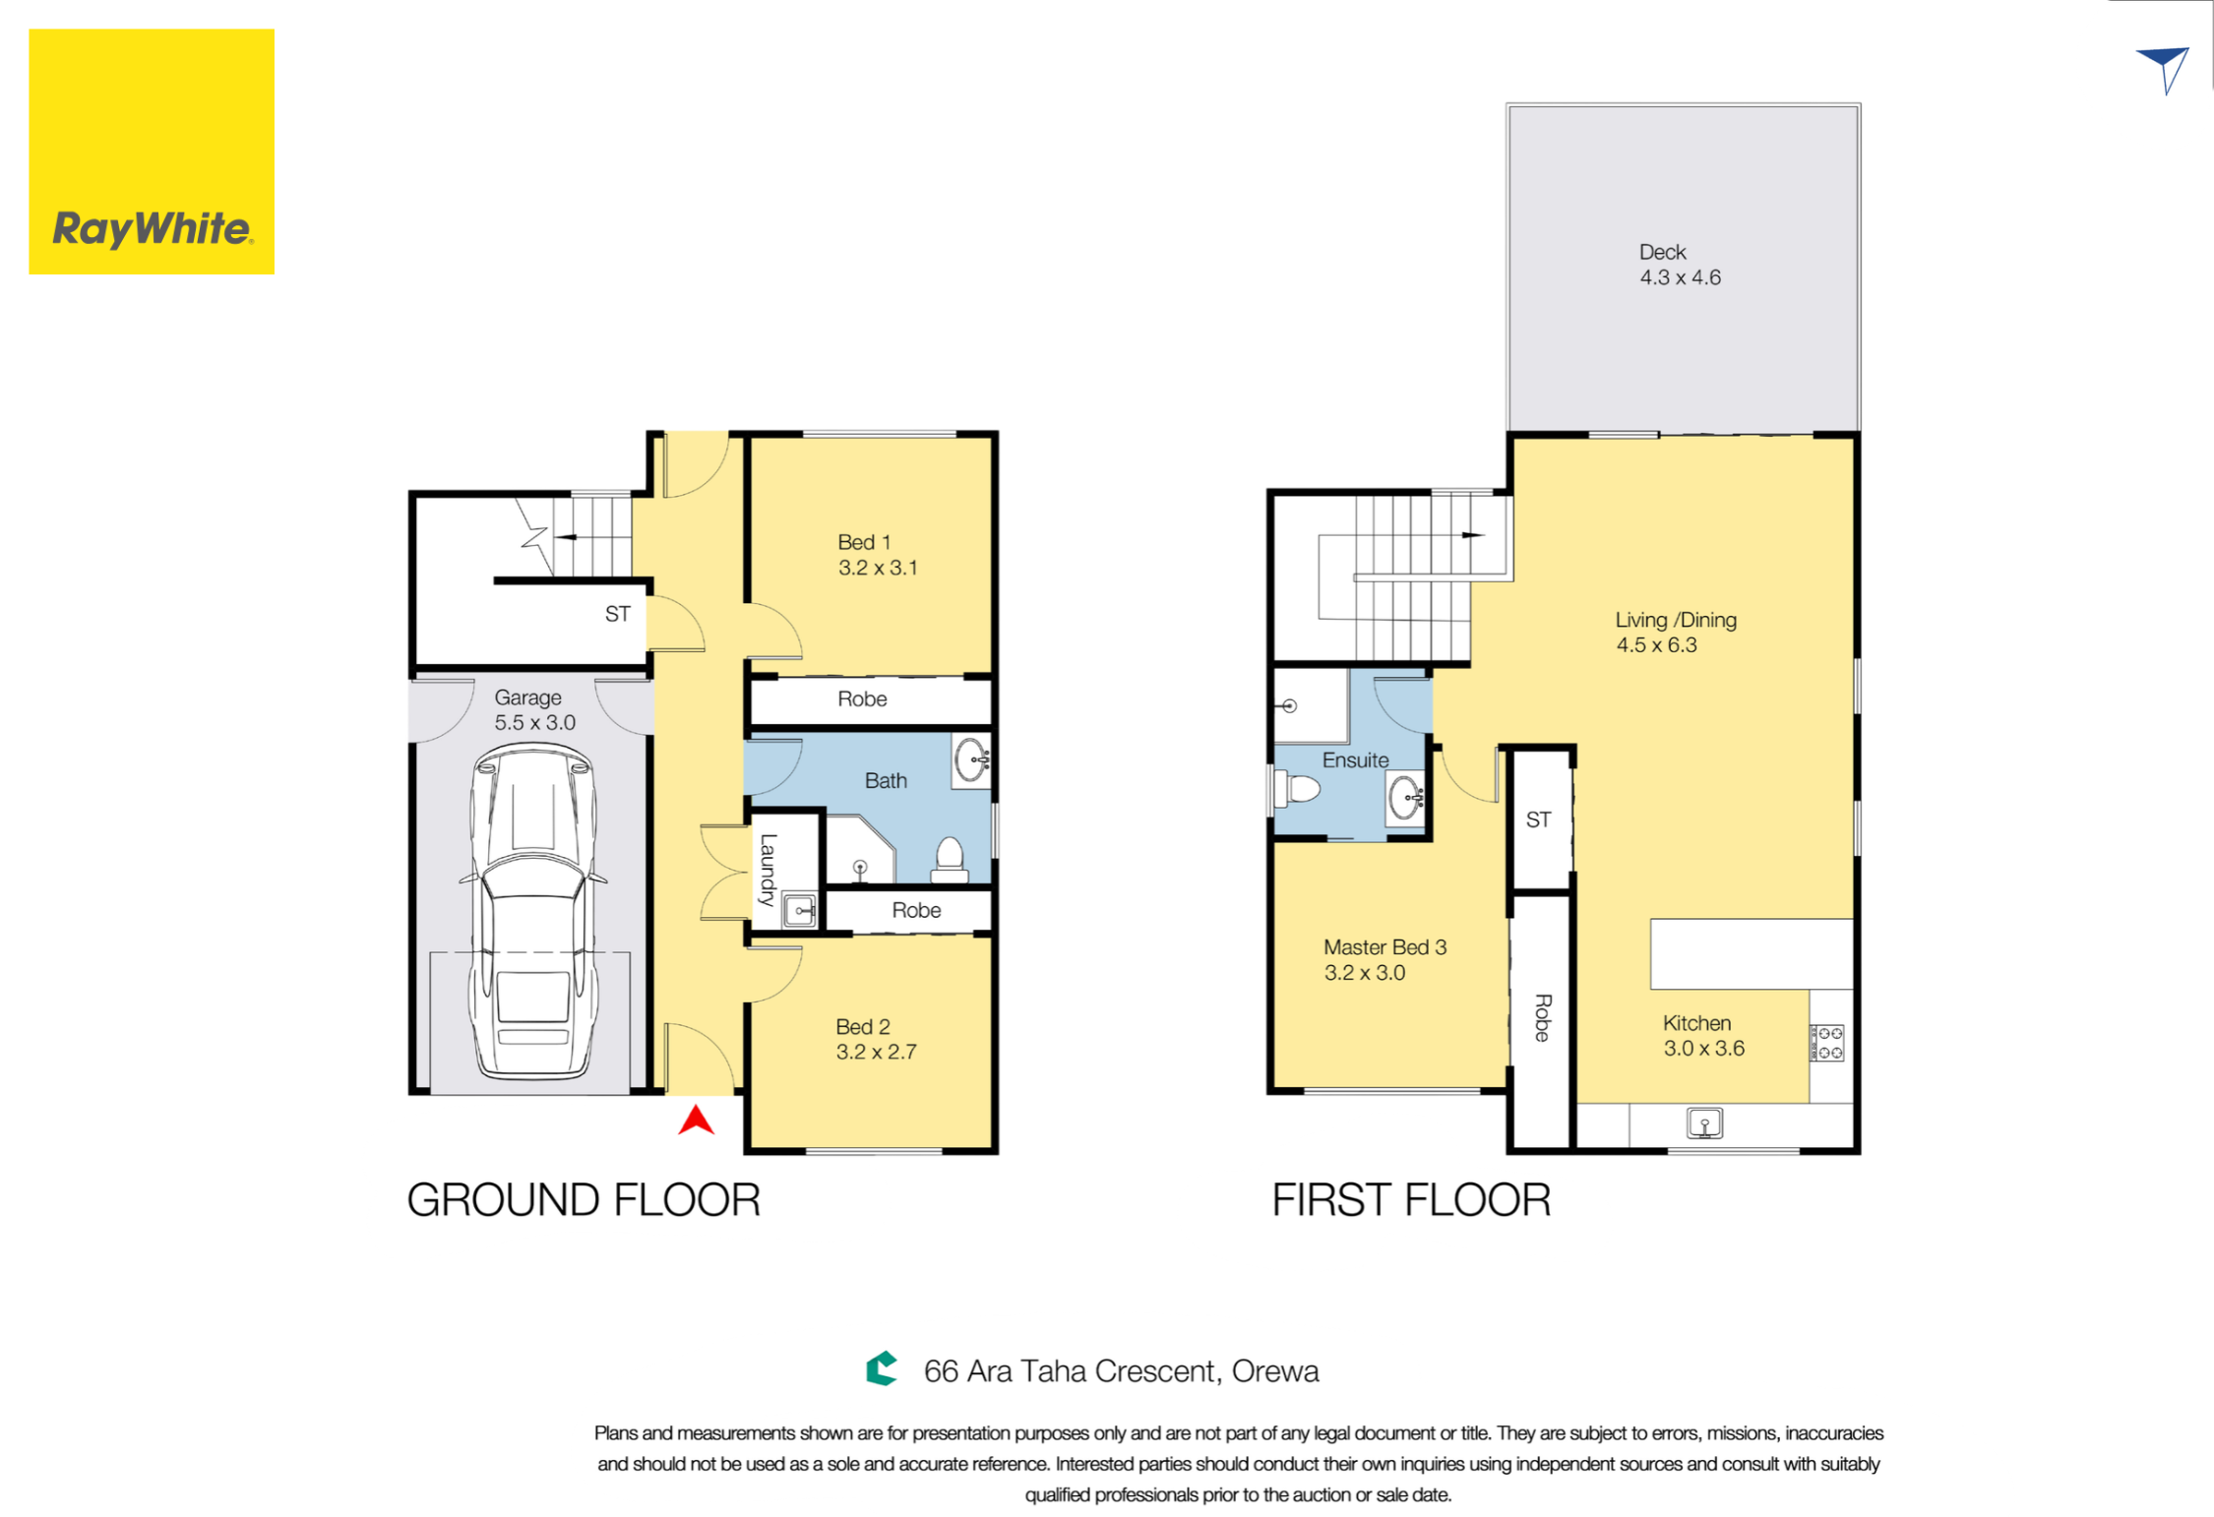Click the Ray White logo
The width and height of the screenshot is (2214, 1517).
[x=152, y=152]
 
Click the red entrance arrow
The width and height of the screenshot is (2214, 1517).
[x=696, y=1120]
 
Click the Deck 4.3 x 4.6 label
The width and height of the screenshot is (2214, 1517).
[x=1680, y=265]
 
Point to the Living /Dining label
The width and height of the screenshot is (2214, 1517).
[x=1676, y=620]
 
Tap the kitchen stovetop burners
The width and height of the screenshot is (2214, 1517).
[x=1828, y=1043]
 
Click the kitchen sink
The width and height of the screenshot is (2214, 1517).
[x=1704, y=1123]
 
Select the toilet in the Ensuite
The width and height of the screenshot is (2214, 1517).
[x=1296, y=789]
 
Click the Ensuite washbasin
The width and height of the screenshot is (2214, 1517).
[x=1406, y=797]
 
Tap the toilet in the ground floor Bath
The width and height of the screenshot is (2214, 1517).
[x=950, y=859]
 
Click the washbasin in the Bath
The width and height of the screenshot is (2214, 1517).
[x=971, y=760]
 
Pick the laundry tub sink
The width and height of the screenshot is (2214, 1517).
[x=799, y=910]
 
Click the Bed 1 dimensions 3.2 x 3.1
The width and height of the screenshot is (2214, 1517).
[x=878, y=568]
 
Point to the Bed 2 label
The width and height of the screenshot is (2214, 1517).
[x=863, y=1026]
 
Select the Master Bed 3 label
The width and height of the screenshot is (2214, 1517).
[x=1384, y=946]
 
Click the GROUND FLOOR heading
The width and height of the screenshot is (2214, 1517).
[x=584, y=1199]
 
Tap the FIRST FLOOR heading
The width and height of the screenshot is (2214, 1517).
[x=1411, y=1199]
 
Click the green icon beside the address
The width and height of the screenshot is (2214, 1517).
[x=882, y=1367]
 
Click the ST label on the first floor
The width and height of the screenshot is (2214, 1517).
[x=1538, y=819]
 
